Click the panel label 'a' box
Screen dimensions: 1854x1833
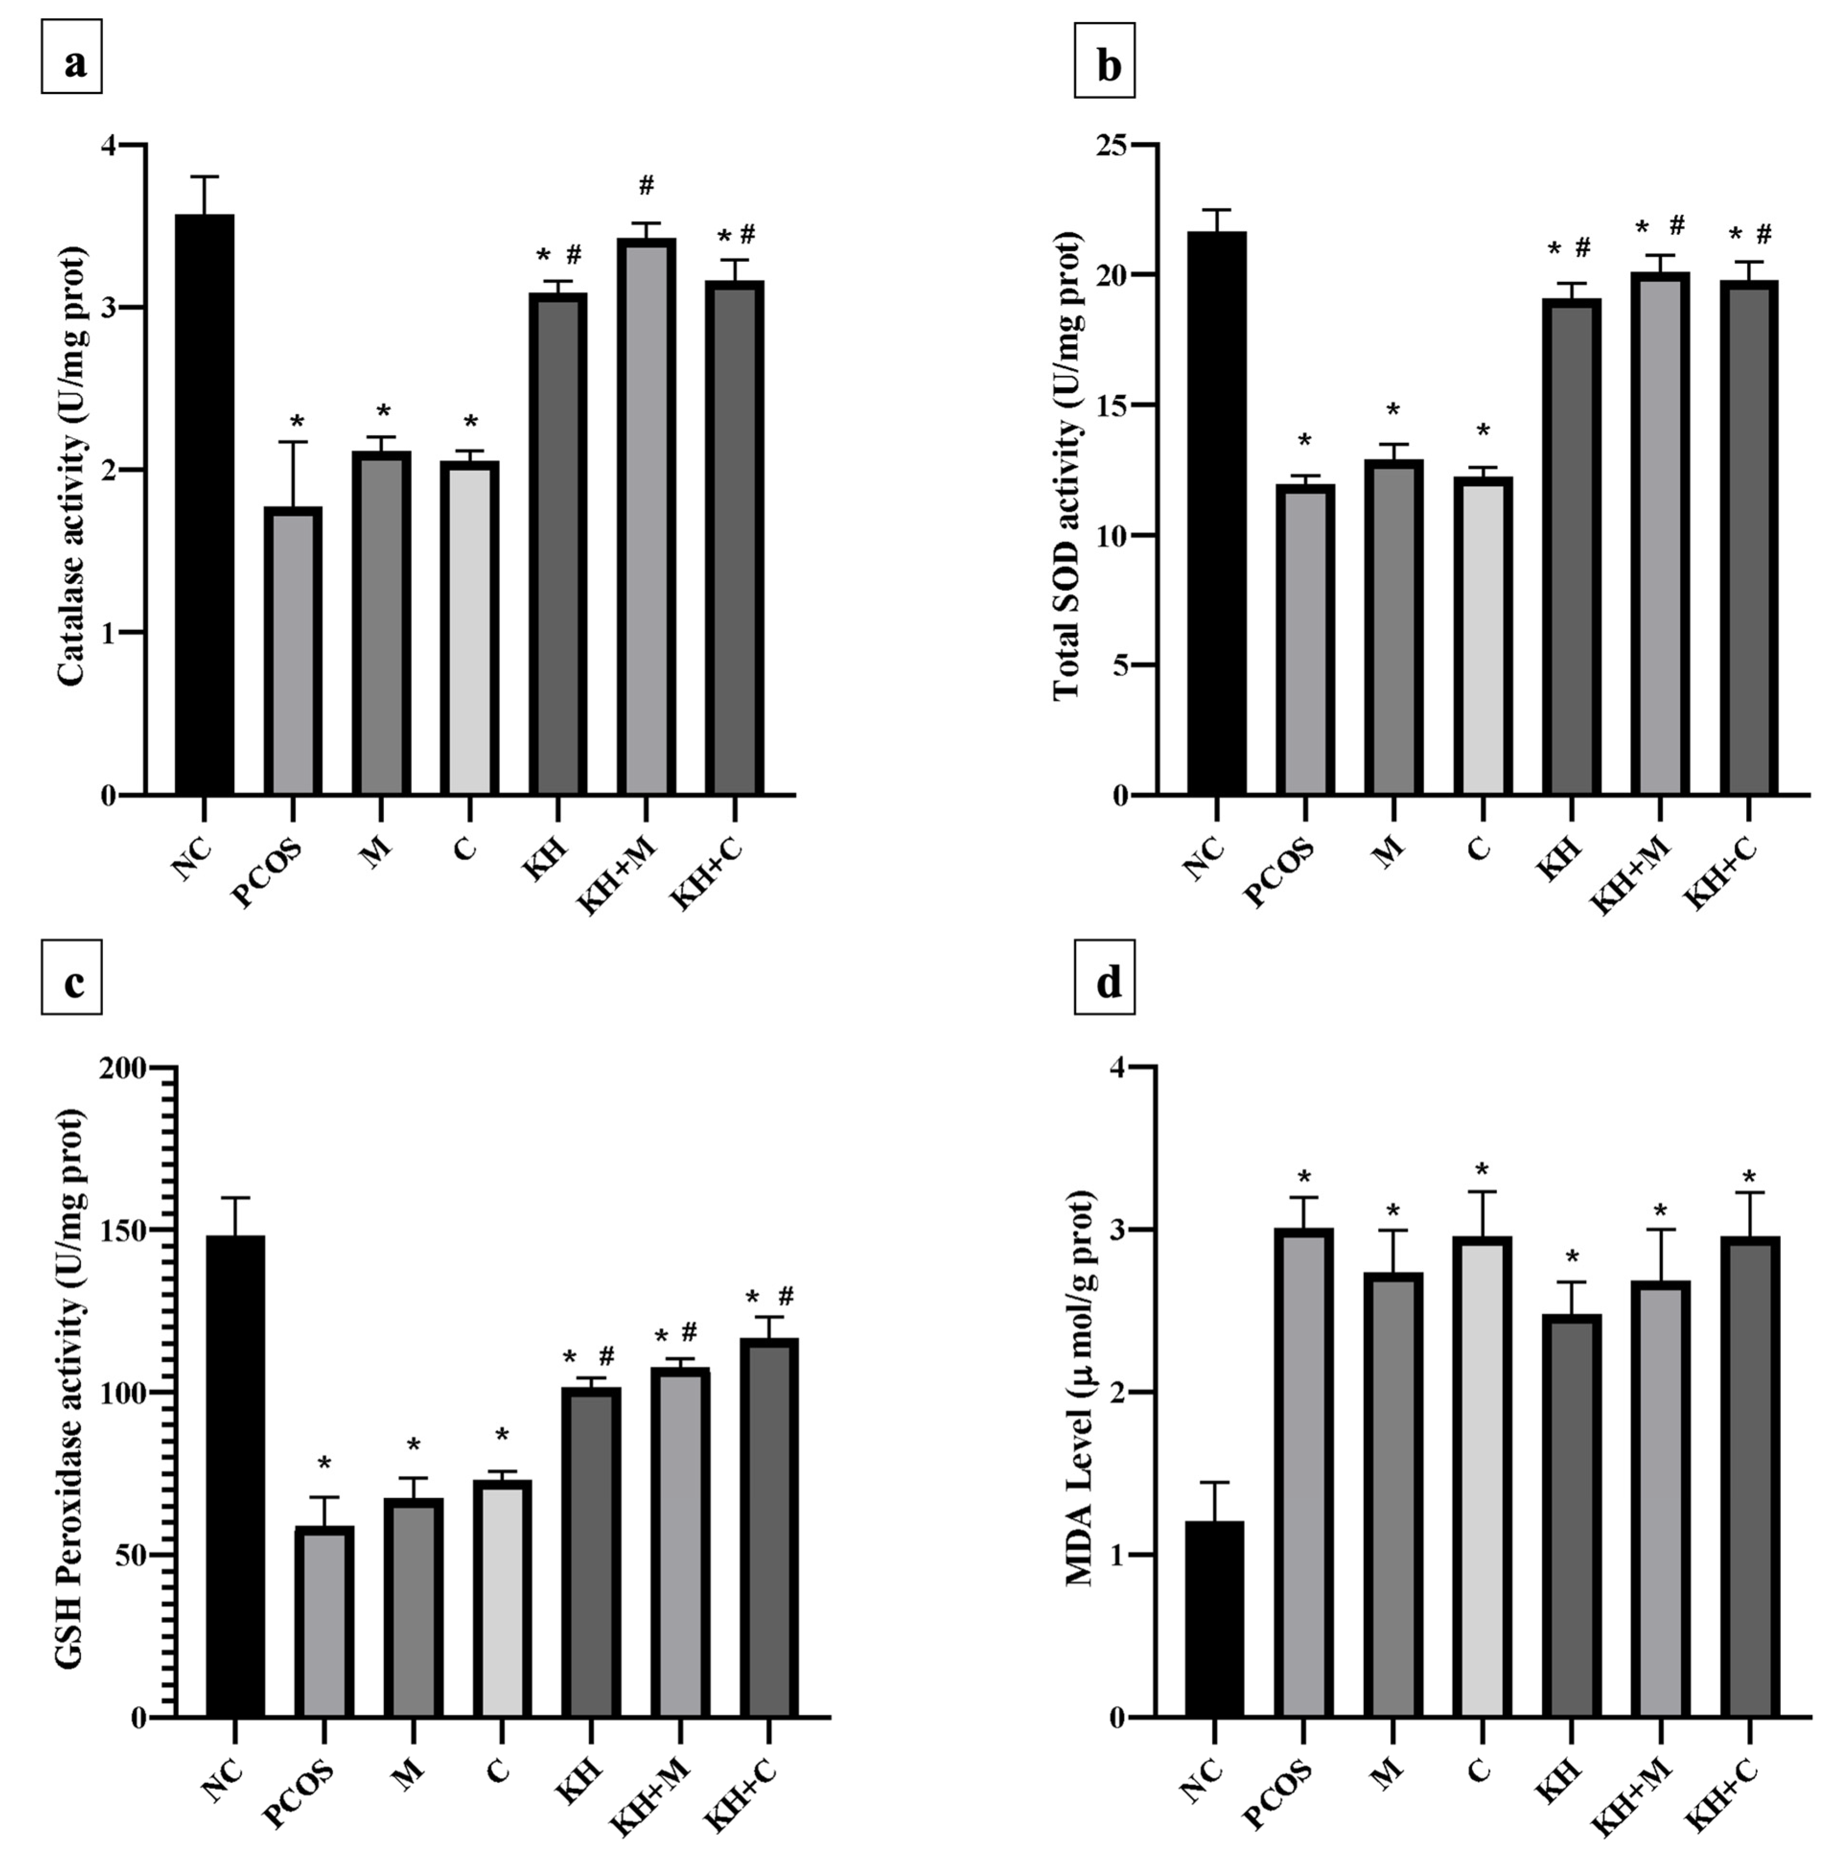(x=72, y=63)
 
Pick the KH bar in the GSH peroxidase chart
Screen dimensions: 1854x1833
(x=590, y=1551)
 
